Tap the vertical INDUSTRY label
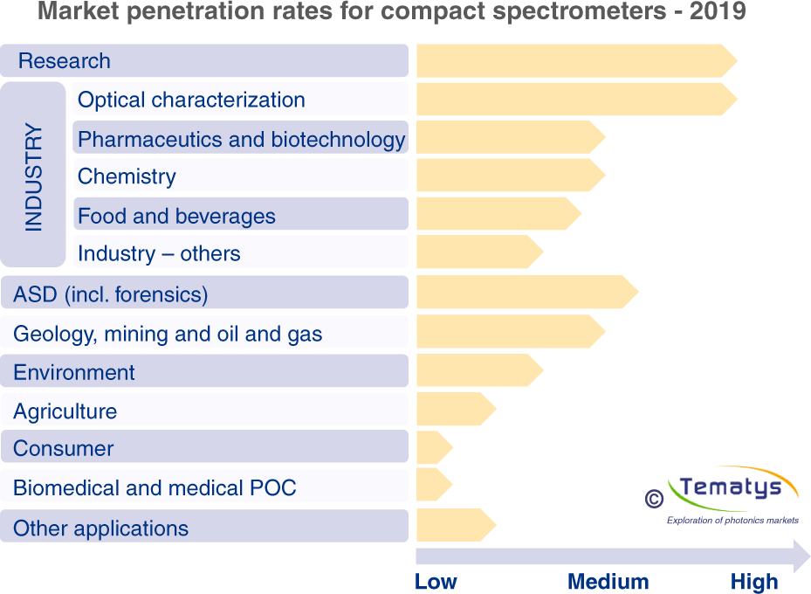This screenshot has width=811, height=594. click(33, 177)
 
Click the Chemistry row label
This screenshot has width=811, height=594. click(127, 176)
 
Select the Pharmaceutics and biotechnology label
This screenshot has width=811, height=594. click(241, 139)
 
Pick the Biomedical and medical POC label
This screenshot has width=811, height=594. click(155, 487)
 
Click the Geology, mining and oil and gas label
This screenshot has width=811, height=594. click(168, 334)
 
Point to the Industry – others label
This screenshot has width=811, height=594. click(159, 254)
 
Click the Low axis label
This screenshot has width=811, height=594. click(436, 582)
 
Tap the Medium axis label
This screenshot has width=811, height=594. click(608, 582)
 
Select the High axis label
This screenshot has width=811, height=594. click(753, 582)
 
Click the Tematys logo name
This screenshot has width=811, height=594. click(730, 487)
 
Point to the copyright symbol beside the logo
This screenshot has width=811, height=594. click(653, 498)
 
